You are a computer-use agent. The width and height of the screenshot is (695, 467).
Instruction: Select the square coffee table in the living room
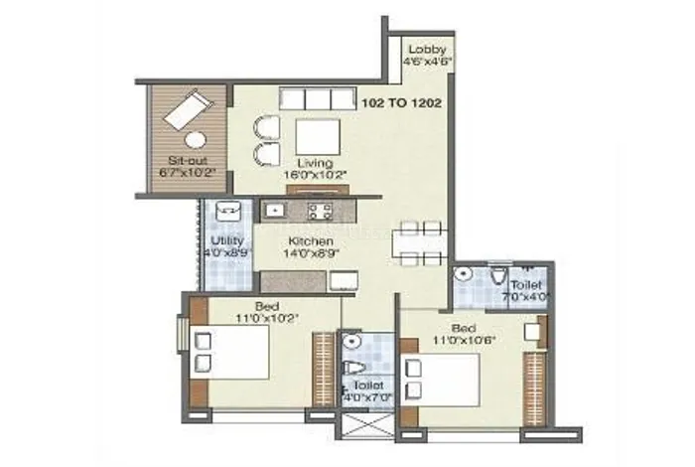coord(317,136)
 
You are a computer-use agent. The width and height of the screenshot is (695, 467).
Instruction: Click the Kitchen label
coord(310,241)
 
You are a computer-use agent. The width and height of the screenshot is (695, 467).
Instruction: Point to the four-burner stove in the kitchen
coord(319,211)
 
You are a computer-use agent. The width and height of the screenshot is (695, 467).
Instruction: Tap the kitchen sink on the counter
coord(273,211)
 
